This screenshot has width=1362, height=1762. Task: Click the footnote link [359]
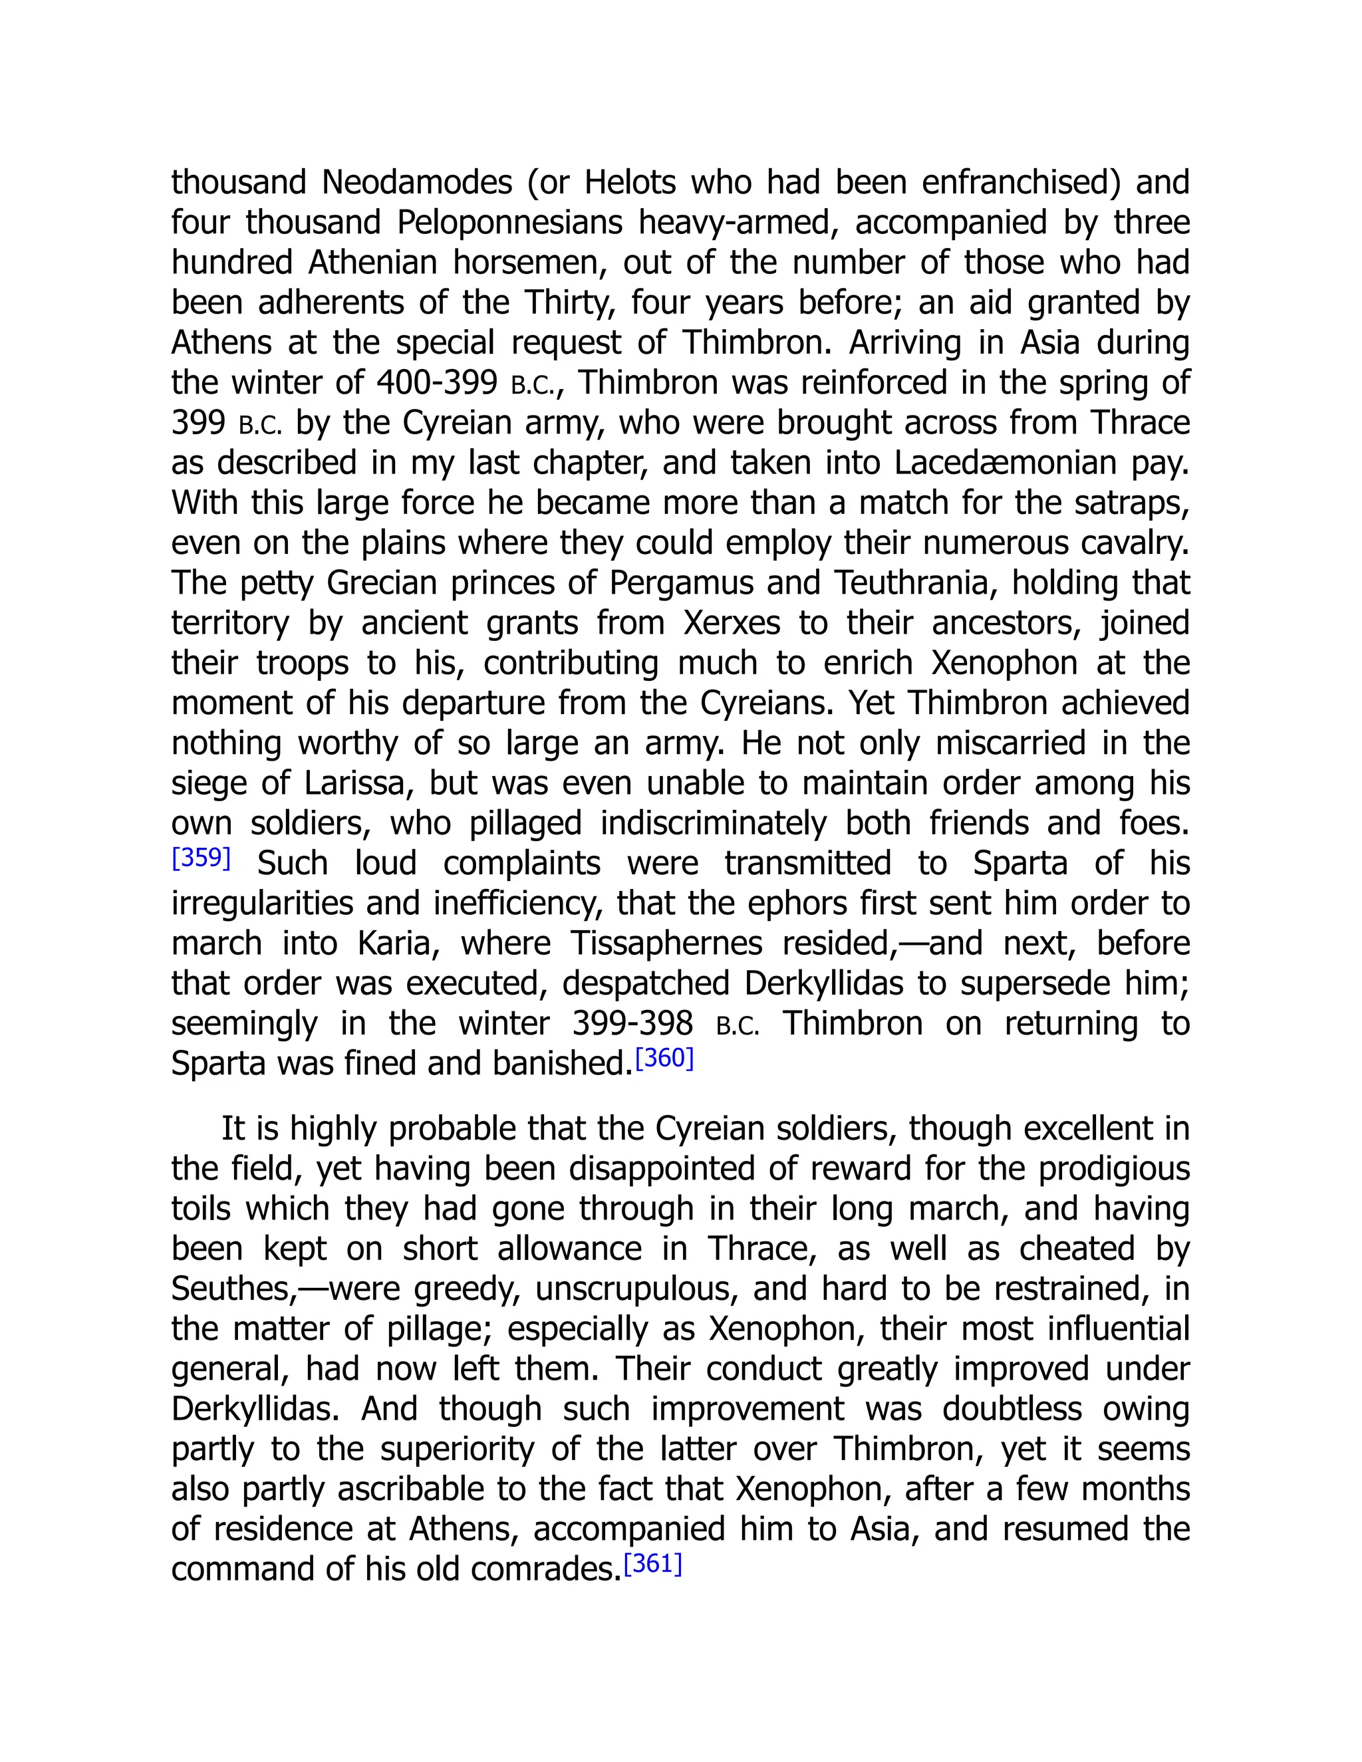coord(201,858)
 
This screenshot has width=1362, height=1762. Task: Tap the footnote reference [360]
coord(664,1058)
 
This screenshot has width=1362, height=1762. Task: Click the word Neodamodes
coord(416,182)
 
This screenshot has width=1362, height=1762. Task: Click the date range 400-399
coord(436,382)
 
